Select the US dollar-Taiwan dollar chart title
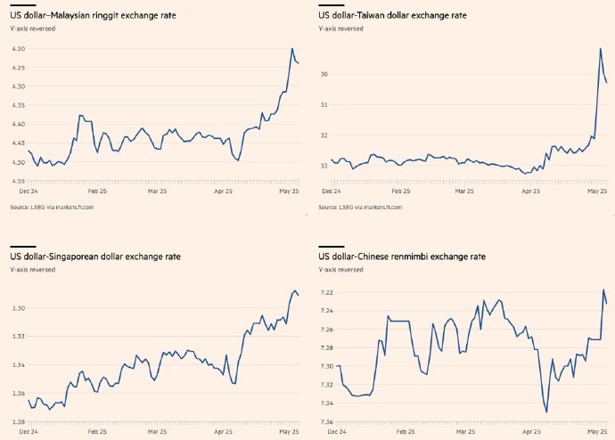[392, 15]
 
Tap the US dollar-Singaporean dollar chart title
[95, 256]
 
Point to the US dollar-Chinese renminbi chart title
[402, 256]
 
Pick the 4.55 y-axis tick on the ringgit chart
[18, 181]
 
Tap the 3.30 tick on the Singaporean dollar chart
[18, 308]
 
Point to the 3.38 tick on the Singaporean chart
[18, 421]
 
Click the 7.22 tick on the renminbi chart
[326, 292]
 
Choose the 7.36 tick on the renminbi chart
[326, 421]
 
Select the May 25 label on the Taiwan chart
[597, 191]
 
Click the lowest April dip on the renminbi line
[546, 411]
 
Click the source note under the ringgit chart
[52, 207]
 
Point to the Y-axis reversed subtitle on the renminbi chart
[340, 269]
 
